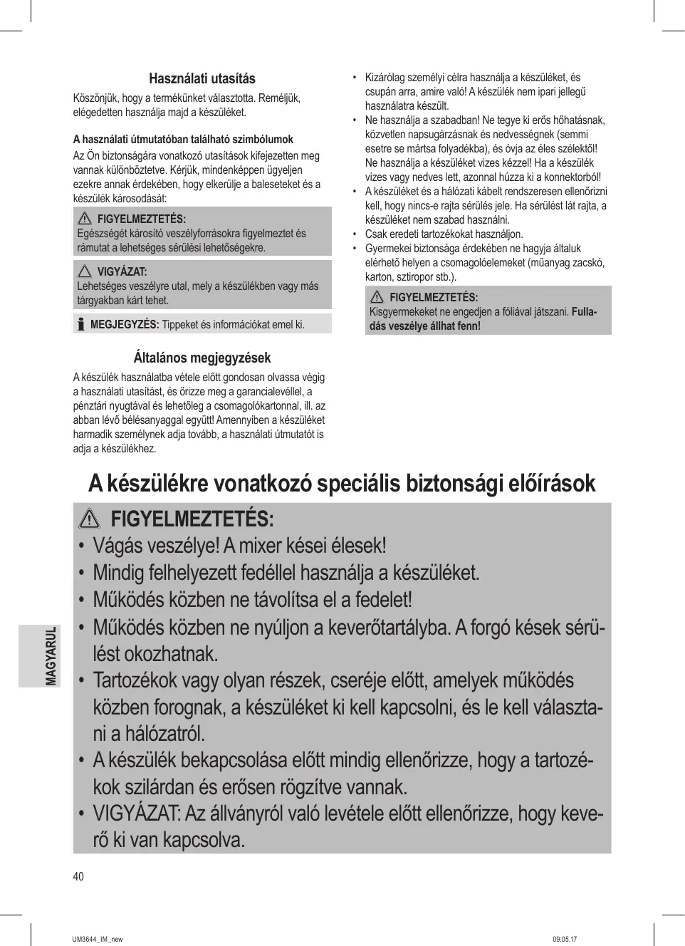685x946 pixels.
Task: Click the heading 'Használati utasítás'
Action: point(202,79)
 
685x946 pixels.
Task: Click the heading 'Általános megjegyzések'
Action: point(202,358)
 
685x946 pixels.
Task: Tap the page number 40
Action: point(78,876)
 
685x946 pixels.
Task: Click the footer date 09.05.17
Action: point(565,940)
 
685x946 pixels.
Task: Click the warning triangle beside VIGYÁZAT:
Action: point(85,271)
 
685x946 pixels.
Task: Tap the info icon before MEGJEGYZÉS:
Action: point(80,325)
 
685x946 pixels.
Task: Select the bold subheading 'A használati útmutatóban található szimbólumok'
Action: point(183,140)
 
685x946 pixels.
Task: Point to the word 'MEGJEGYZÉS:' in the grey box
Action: point(125,325)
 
